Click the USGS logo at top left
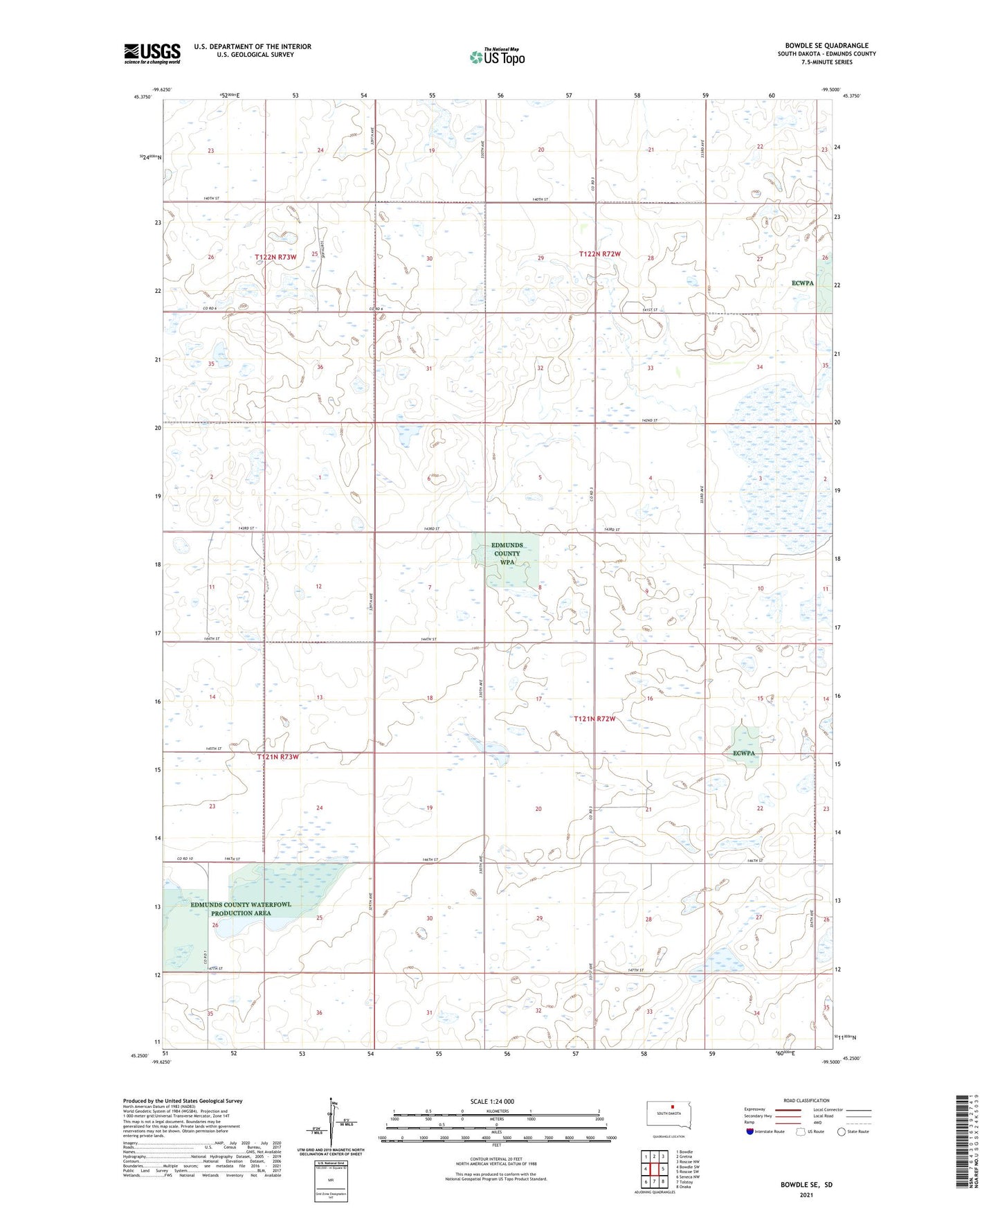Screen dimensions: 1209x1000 tap(152, 53)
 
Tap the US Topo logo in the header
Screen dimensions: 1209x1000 tap(497, 56)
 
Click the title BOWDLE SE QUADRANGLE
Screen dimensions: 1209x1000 tap(826, 46)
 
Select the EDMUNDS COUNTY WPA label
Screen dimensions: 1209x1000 tap(507, 554)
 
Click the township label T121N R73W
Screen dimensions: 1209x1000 tap(278, 757)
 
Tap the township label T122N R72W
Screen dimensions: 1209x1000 tap(599, 254)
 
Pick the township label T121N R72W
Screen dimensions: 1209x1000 tap(594, 719)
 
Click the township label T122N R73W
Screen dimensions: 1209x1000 tap(275, 257)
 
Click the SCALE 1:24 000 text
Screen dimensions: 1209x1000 tap(492, 1102)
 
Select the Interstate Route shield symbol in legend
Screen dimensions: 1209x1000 tap(750, 1131)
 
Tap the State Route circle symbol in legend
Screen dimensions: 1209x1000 tap(842, 1131)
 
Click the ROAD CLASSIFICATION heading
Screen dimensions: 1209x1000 tap(806, 1100)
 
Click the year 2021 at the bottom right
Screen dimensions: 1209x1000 tap(806, 1194)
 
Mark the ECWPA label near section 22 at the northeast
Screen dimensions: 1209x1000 tap(803, 283)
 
